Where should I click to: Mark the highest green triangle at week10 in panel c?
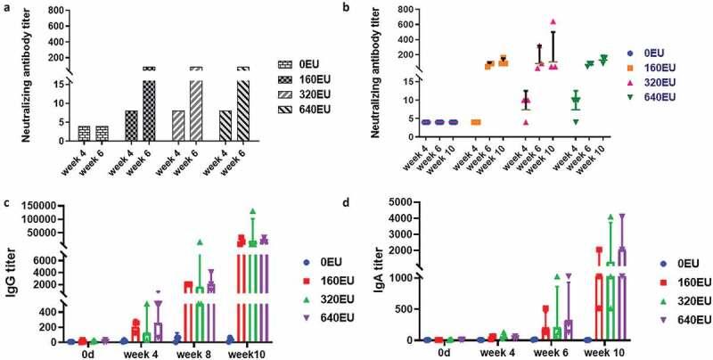point(252,211)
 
